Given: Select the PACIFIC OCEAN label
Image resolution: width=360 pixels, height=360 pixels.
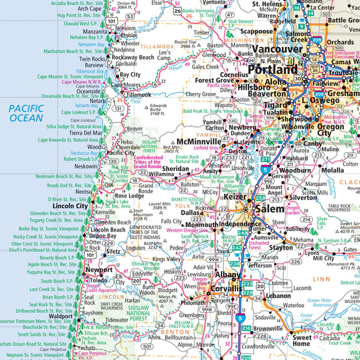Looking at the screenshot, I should click(26, 112).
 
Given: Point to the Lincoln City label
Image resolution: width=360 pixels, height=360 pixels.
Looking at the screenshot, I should click(70, 206).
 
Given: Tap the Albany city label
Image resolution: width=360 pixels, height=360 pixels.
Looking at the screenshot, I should click(227, 274).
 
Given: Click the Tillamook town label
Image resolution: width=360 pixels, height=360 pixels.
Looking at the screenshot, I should click(139, 94).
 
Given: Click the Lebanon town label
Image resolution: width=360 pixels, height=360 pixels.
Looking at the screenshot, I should click(278, 296).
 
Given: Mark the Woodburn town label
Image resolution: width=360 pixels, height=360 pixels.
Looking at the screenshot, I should click(295, 170).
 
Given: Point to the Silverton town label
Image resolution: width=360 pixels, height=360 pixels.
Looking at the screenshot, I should click(302, 197).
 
